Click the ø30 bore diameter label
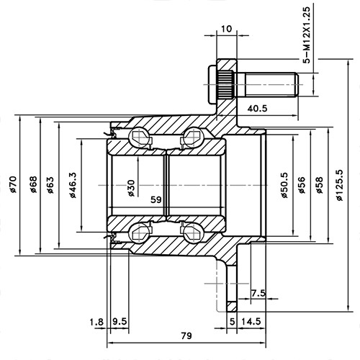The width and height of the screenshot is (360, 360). [x=130, y=186]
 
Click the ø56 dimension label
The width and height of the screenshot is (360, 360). [x=301, y=186]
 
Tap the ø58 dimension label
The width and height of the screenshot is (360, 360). [x=320, y=186]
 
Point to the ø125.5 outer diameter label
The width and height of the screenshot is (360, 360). [x=340, y=186]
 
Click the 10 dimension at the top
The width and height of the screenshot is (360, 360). [x=227, y=29]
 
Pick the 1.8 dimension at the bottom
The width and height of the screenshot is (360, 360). [x=96, y=321]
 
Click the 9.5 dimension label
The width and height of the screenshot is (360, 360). [x=120, y=321]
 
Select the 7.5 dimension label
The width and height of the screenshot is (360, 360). [x=258, y=292]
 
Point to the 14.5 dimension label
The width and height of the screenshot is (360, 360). [x=251, y=321]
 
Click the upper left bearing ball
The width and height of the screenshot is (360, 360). [x=138, y=137]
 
